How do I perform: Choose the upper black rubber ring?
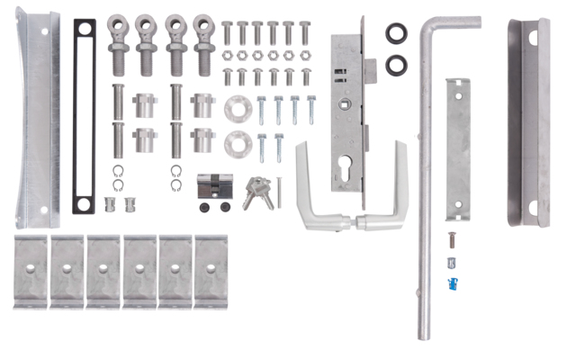coord(396,34)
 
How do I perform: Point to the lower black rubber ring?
coord(396,65)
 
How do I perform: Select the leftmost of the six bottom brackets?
coord(31,271)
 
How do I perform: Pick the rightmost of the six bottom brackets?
coord(211,271)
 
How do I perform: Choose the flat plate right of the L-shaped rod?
coord(458,148)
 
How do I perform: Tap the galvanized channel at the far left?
coord(38,117)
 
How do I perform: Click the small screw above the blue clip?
coord(452,240)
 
